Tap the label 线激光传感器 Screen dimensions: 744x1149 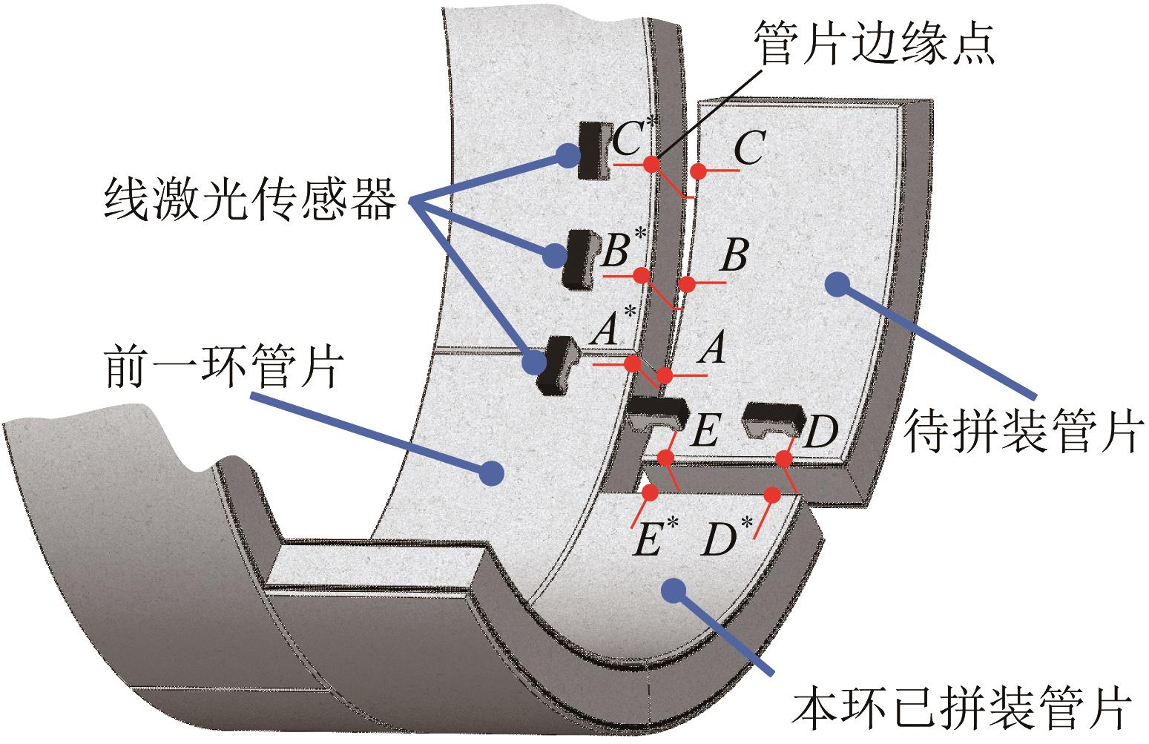pos(250,200)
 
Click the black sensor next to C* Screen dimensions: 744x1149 pos(593,151)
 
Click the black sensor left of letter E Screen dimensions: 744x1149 pos(656,413)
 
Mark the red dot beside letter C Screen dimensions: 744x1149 pos(697,171)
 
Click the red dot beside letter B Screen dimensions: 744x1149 pos(687,284)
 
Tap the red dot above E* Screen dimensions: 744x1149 pos(651,492)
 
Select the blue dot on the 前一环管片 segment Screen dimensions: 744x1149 pos(490,471)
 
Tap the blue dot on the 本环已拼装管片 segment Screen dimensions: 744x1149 pos(673,590)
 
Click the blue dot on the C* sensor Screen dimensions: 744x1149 pos(566,154)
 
